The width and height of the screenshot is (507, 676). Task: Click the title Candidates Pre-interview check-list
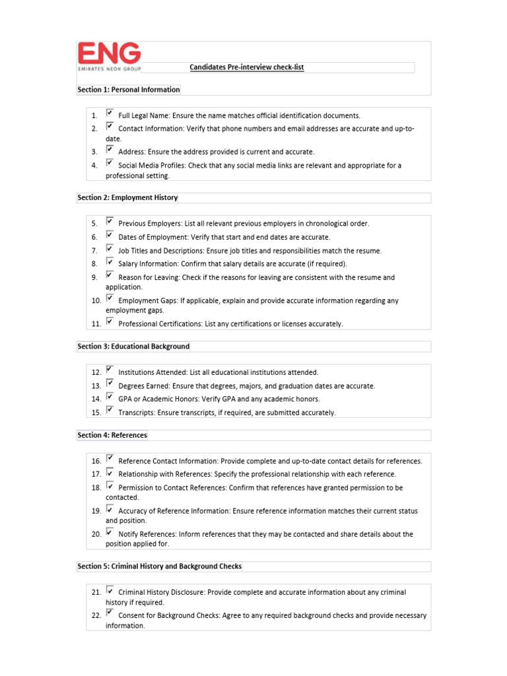pyautogui.click(x=246, y=67)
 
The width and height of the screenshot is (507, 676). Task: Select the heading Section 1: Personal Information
pyautogui.click(x=129, y=90)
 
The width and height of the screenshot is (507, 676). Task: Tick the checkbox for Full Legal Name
pyautogui.click(x=110, y=114)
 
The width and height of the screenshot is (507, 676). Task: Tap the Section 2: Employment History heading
pyautogui.click(x=127, y=198)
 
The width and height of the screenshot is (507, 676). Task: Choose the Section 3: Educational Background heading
pyautogui.click(x=133, y=347)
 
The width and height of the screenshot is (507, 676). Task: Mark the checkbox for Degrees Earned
pyautogui.click(x=110, y=384)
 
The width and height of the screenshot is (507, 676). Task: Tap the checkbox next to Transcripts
pyautogui.click(x=110, y=411)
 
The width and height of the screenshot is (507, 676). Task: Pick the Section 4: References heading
pyautogui.click(x=112, y=436)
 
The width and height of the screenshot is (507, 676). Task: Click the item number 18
pyautogui.click(x=96, y=488)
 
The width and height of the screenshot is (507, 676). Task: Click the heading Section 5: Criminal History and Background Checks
pyautogui.click(x=160, y=567)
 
